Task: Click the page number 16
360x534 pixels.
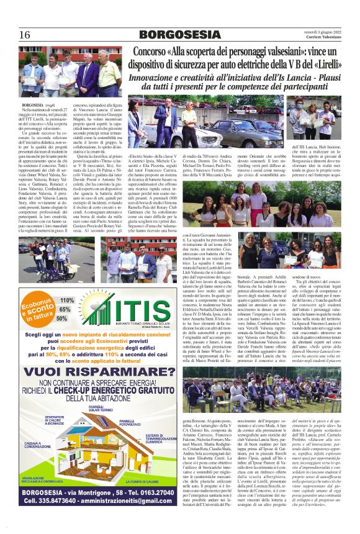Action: [25, 35]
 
